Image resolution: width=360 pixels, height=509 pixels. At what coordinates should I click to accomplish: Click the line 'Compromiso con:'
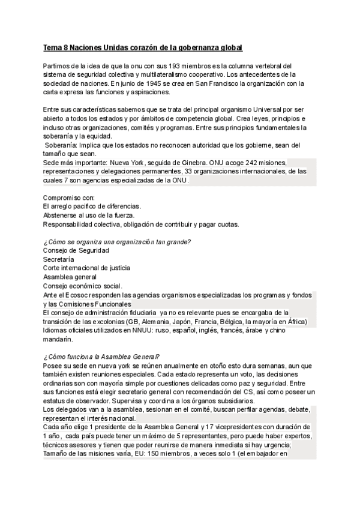tap(69, 197)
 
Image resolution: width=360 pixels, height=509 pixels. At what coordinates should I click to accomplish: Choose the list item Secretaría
tap(59, 259)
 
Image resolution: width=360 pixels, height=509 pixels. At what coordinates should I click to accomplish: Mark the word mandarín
tap(58, 339)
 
